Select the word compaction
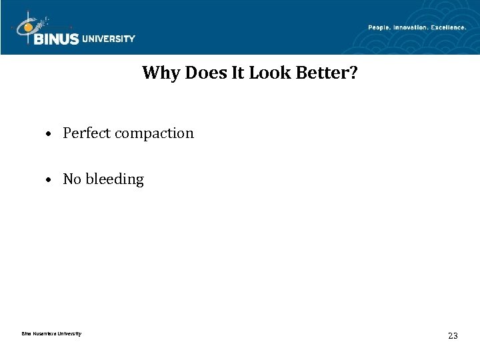(x=154, y=133)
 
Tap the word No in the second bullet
(x=71, y=179)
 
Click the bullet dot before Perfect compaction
(x=49, y=134)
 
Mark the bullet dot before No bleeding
(x=49, y=180)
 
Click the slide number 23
(x=453, y=336)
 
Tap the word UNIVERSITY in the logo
(x=108, y=39)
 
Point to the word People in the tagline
(x=381, y=27)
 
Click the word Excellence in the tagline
(x=448, y=27)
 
